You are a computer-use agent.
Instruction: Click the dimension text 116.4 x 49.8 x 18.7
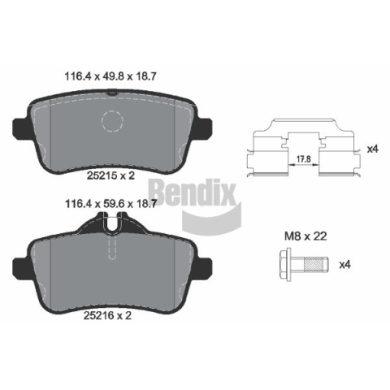tap(110, 76)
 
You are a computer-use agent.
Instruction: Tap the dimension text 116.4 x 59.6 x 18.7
tap(111, 204)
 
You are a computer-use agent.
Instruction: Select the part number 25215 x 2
tap(110, 175)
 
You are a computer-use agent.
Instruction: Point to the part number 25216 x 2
tap(107, 315)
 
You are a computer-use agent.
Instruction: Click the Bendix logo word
tap(193, 193)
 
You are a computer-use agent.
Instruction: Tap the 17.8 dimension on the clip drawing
tap(303, 159)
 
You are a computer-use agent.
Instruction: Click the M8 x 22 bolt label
tap(305, 236)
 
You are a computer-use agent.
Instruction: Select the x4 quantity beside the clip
tap(372, 149)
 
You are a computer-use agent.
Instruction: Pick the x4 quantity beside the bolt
tap(345, 265)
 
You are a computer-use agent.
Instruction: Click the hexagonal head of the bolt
tap(285, 264)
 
